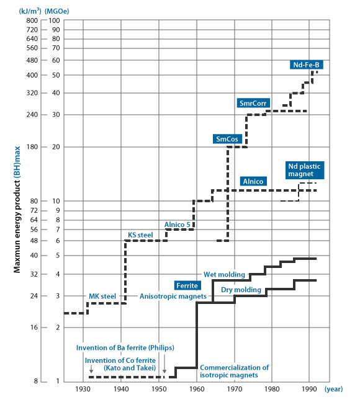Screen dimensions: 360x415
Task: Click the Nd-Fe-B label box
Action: [x=306, y=65]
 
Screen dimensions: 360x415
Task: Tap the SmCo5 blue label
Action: [x=227, y=139]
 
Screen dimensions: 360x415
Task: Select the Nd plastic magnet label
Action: [x=305, y=170]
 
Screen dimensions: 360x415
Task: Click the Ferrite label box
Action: [x=187, y=285]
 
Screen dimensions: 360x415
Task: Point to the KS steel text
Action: [x=140, y=235]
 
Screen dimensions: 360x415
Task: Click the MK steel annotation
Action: [x=102, y=296]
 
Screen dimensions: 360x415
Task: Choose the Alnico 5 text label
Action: [x=178, y=225]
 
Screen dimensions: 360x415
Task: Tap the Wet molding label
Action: [x=224, y=274]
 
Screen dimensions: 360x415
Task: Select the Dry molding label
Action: [x=241, y=290]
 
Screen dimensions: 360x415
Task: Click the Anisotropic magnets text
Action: [x=173, y=296]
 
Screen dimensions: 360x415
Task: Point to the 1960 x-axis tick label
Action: [x=197, y=389]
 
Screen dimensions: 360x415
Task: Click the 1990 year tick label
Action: [x=309, y=389]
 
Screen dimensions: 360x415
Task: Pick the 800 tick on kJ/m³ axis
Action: [x=32, y=20]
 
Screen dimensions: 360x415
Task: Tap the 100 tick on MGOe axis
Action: [x=54, y=20]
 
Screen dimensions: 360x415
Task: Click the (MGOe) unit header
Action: [x=56, y=11]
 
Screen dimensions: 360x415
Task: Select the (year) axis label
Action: [x=333, y=389]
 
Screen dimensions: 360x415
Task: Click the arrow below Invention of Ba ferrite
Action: [x=164, y=364]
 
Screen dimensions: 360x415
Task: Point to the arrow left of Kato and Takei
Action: [x=91, y=368]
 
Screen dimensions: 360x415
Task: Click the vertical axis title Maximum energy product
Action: [x=17, y=209]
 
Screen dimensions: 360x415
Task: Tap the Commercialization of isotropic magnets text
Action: [x=234, y=371]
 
